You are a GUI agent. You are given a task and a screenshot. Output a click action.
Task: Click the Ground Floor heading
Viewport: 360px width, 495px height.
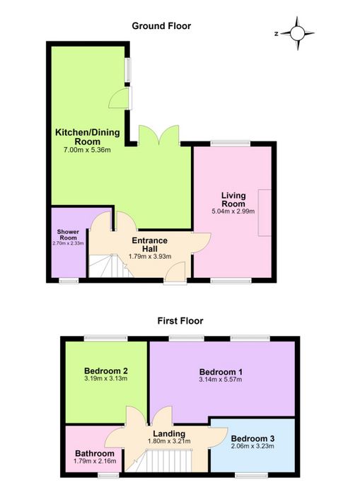coord(161,26)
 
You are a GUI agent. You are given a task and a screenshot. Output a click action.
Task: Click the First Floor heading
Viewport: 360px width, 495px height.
coord(180,321)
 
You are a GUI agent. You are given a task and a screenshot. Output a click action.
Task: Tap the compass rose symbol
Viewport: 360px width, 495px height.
coord(297,33)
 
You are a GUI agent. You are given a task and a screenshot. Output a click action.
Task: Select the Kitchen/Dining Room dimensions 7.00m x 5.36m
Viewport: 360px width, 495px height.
coord(87,150)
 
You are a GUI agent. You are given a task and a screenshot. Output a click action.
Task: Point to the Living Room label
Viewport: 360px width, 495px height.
coord(233,199)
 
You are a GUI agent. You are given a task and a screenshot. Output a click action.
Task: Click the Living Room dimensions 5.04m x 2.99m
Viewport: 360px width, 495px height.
coord(233,211)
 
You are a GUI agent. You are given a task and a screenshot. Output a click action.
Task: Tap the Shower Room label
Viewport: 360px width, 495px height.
coord(68,235)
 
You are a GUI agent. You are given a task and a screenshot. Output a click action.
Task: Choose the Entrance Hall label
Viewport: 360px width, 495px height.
coord(150,245)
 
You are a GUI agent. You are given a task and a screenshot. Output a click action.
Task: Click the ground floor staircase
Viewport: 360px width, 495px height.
coord(110,266)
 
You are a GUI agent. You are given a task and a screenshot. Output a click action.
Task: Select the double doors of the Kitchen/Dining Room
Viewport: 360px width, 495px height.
coord(159,136)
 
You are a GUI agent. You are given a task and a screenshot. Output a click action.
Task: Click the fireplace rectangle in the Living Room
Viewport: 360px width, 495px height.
coord(265,213)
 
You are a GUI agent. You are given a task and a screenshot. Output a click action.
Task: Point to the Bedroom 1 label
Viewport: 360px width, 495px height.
coord(221,372)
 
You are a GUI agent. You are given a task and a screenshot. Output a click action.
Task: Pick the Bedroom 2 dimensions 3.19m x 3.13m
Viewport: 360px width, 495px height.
coord(106,378)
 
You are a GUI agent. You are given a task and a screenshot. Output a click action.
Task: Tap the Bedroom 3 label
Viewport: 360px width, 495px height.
coord(252,438)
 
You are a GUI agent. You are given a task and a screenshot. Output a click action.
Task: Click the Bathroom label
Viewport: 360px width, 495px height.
coord(95,453)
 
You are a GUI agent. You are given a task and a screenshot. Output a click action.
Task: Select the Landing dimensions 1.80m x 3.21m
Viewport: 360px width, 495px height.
coord(169,441)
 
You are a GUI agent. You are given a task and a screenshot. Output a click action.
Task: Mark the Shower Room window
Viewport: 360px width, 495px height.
coord(69,281)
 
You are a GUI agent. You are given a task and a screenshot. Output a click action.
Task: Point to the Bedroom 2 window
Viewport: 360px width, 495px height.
coord(106,339)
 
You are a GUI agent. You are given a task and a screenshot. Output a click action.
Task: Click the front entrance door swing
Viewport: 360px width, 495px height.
coord(175,272)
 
